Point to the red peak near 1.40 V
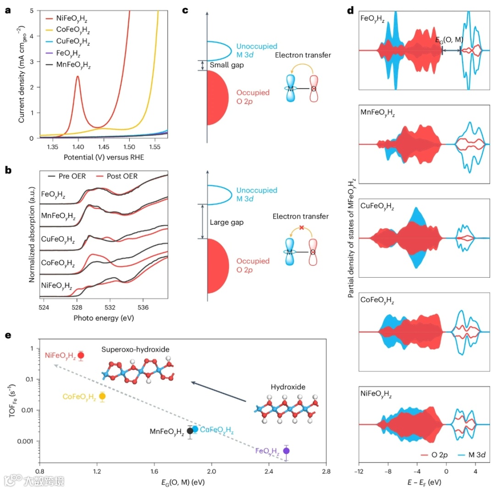(x=78, y=77)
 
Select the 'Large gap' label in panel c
(x=226, y=222)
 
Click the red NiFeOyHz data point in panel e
(x=81, y=355)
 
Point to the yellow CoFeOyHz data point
(x=102, y=396)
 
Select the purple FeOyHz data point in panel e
(x=286, y=451)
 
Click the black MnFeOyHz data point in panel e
(x=190, y=431)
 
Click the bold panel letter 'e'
(x=7, y=335)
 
